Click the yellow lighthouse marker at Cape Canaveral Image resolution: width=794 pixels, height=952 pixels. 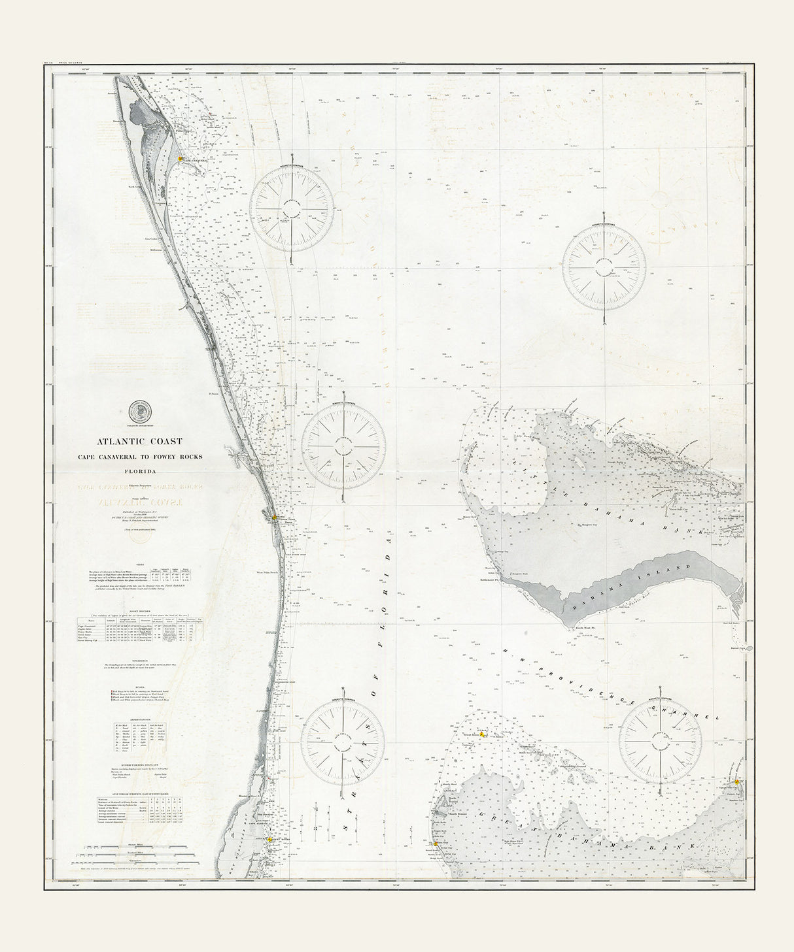(181, 158)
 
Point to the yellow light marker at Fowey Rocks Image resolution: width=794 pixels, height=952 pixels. (269, 840)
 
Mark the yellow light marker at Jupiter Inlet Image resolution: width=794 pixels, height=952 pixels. (275, 518)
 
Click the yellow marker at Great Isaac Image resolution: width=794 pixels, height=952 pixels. (482, 734)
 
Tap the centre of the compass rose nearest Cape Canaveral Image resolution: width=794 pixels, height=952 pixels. (292, 210)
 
